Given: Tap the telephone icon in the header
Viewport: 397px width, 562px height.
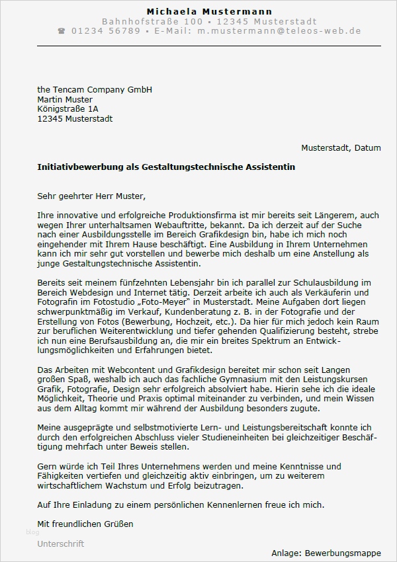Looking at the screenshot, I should point(62,31).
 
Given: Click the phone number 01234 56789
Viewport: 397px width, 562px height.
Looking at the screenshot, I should point(105,31).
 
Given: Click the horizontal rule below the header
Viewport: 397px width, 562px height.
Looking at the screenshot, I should point(209,46).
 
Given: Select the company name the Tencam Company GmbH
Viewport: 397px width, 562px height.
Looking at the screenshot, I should point(95,89).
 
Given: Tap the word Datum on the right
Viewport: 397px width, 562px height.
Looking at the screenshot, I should point(367,147).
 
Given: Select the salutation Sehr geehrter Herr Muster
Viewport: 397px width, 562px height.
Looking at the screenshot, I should point(91,196).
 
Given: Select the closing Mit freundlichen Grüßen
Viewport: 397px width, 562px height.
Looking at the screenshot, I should point(85,524).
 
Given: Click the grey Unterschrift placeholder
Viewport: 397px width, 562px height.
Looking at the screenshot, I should point(61,543).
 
